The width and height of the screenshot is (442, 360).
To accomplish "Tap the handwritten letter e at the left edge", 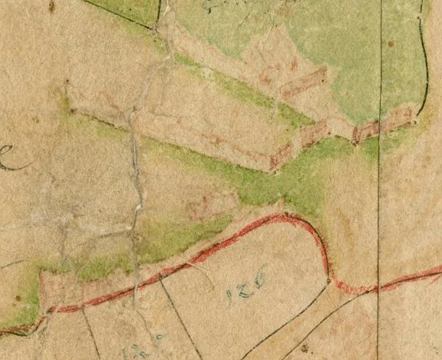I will (x=8, y=157).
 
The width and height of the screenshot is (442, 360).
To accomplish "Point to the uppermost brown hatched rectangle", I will (x=304, y=81).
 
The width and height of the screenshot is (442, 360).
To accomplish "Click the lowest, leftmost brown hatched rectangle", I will (x=282, y=157).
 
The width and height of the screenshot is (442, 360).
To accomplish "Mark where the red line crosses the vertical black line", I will (x=378, y=289).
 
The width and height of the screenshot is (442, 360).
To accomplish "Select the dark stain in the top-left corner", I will (x=51, y=6).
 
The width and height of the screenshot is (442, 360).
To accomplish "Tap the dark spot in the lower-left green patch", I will (x=17, y=298).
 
